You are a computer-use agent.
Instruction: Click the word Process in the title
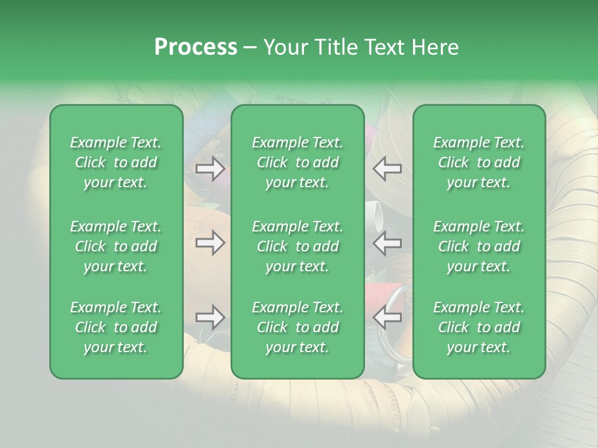pyautogui.click(x=196, y=47)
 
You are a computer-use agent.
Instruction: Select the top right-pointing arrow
pyautogui.click(x=210, y=169)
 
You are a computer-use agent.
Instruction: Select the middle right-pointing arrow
pyautogui.click(x=210, y=243)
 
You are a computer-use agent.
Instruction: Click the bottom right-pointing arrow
pyautogui.click(x=210, y=317)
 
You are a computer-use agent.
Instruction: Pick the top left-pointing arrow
pyautogui.click(x=387, y=169)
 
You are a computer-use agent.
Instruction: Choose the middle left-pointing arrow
pyautogui.click(x=387, y=243)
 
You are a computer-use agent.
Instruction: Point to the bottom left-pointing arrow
pyautogui.click(x=387, y=317)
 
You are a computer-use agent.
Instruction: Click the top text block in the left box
pyautogui.click(x=116, y=162)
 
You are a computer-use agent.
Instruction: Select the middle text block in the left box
pyautogui.click(x=116, y=246)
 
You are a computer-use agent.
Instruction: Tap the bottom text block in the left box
pyautogui.click(x=116, y=327)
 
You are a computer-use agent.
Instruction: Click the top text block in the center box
pyautogui.click(x=297, y=162)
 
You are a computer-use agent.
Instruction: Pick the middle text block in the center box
pyautogui.click(x=297, y=246)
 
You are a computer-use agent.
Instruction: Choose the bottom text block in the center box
pyautogui.click(x=297, y=327)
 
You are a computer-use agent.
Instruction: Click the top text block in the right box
pyautogui.click(x=478, y=162)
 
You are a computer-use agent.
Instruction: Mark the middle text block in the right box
pyautogui.click(x=478, y=246)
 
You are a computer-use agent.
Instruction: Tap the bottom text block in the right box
pyautogui.click(x=478, y=327)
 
